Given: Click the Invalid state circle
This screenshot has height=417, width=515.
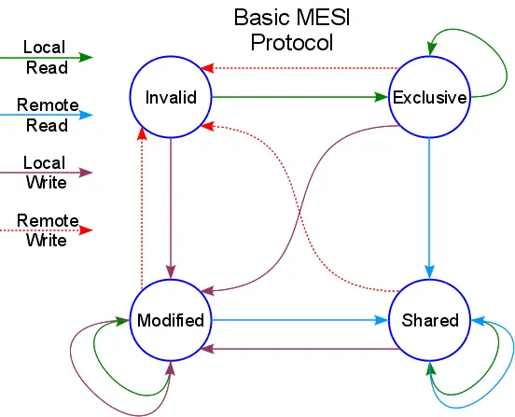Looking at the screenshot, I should [172, 97].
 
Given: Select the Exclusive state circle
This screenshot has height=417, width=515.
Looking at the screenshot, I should [429, 97].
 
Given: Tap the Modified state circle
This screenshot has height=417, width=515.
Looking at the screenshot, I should [171, 320].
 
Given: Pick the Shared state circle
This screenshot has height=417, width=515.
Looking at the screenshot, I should [429, 320].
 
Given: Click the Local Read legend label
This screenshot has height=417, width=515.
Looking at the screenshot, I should [45, 56].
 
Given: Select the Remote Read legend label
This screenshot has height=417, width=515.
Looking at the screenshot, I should [46, 116].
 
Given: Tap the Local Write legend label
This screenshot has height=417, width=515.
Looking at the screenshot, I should [45, 173].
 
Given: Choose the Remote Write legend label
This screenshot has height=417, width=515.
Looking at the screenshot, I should [46, 229].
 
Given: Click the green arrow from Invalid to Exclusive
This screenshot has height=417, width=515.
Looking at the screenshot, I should [299, 96].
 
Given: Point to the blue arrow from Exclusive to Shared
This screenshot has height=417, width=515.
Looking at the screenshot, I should [429, 205].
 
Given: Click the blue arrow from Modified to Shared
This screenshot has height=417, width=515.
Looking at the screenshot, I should [299, 320].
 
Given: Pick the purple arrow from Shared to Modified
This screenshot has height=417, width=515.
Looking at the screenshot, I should [299, 349].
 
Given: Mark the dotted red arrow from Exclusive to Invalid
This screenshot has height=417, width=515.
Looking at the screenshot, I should [299, 67].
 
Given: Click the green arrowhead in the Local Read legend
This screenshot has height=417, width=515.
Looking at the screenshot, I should [86, 57].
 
